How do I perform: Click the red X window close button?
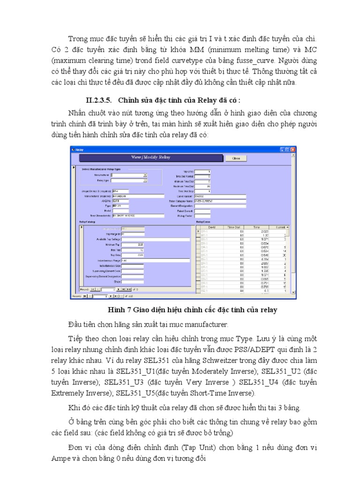[293, 150]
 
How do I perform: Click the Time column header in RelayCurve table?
[257, 226]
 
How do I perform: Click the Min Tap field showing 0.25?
[133, 244]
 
